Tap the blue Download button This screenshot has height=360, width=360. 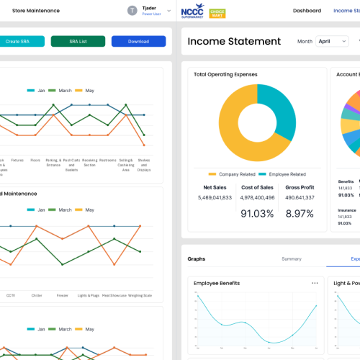click(x=138, y=42)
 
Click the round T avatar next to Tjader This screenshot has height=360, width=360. click(x=132, y=11)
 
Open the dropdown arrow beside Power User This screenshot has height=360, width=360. click(x=169, y=11)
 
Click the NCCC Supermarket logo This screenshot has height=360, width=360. click(x=192, y=12)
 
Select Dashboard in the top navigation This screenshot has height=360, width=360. click(x=307, y=11)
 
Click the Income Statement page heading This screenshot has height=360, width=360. click(x=234, y=42)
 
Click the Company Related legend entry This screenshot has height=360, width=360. click(x=231, y=174)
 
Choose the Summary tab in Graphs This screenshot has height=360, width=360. click(x=292, y=258)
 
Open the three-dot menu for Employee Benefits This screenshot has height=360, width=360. click(x=315, y=283)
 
